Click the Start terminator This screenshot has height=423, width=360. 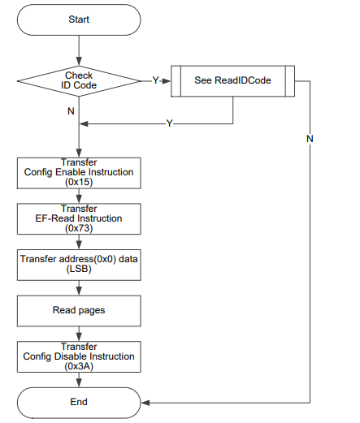[79, 19]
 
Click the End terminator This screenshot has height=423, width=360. [79, 403]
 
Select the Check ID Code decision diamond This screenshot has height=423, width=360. [79, 81]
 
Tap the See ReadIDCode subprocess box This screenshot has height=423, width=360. [232, 81]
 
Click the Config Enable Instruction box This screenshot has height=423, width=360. [79, 173]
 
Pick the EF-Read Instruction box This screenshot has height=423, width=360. [79, 219]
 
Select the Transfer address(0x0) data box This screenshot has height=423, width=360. [79, 265]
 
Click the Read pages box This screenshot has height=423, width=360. [79, 311]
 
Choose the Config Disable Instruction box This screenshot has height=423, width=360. [79, 356]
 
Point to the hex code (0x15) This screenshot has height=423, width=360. [79, 182]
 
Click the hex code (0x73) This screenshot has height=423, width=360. [79, 228]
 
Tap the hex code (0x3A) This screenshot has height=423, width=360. [79, 366]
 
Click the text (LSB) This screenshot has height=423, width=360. [79, 269]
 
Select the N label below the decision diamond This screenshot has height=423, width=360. [71, 111]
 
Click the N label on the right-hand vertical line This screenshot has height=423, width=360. [310, 139]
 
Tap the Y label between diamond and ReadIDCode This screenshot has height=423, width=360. [155, 80]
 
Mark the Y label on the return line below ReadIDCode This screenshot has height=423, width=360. [169, 123]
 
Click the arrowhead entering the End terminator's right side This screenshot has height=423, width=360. [145, 403]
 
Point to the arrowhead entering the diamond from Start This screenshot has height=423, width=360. [79, 62]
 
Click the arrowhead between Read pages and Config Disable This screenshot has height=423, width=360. [79, 337]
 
